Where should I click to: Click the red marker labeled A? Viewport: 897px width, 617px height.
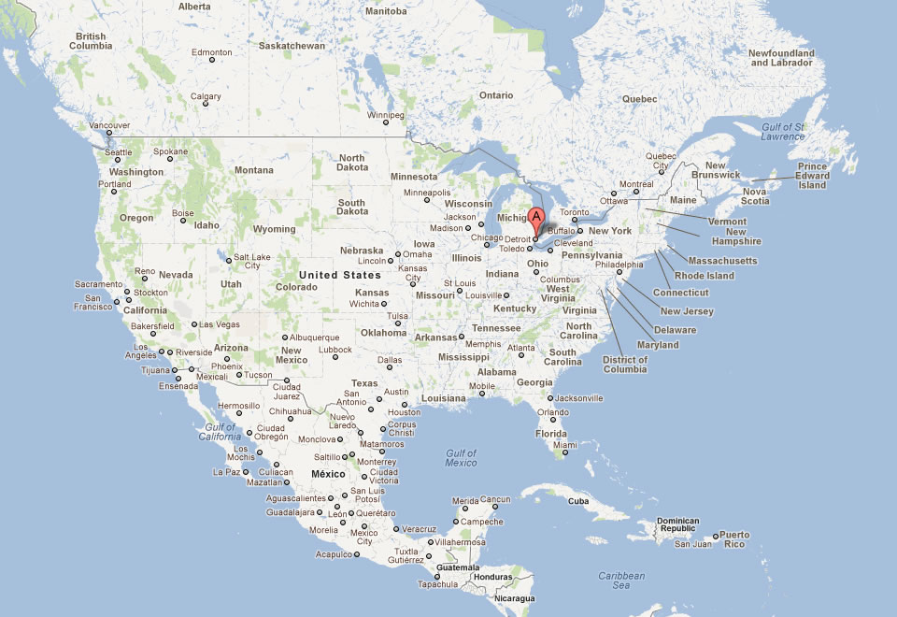coord(536,219)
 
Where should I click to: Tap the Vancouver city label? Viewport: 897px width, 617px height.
coord(109,125)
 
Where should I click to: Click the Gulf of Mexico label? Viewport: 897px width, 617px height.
coord(462,458)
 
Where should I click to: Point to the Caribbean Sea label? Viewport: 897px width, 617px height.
coord(621,581)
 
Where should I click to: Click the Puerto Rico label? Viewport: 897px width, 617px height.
coord(734,539)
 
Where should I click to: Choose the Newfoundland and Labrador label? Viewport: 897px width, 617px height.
coord(781,58)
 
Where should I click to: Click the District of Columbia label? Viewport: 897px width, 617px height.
coord(625,364)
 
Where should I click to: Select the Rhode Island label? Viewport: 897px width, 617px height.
coord(705,276)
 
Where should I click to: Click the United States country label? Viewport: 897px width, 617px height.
coord(340,275)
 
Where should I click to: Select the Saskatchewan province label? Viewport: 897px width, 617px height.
coord(292,45)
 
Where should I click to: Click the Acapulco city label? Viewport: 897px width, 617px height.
coord(334,553)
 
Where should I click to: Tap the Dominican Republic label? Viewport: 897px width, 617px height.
coord(678,524)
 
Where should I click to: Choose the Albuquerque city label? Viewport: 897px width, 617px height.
coord(314,337)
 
